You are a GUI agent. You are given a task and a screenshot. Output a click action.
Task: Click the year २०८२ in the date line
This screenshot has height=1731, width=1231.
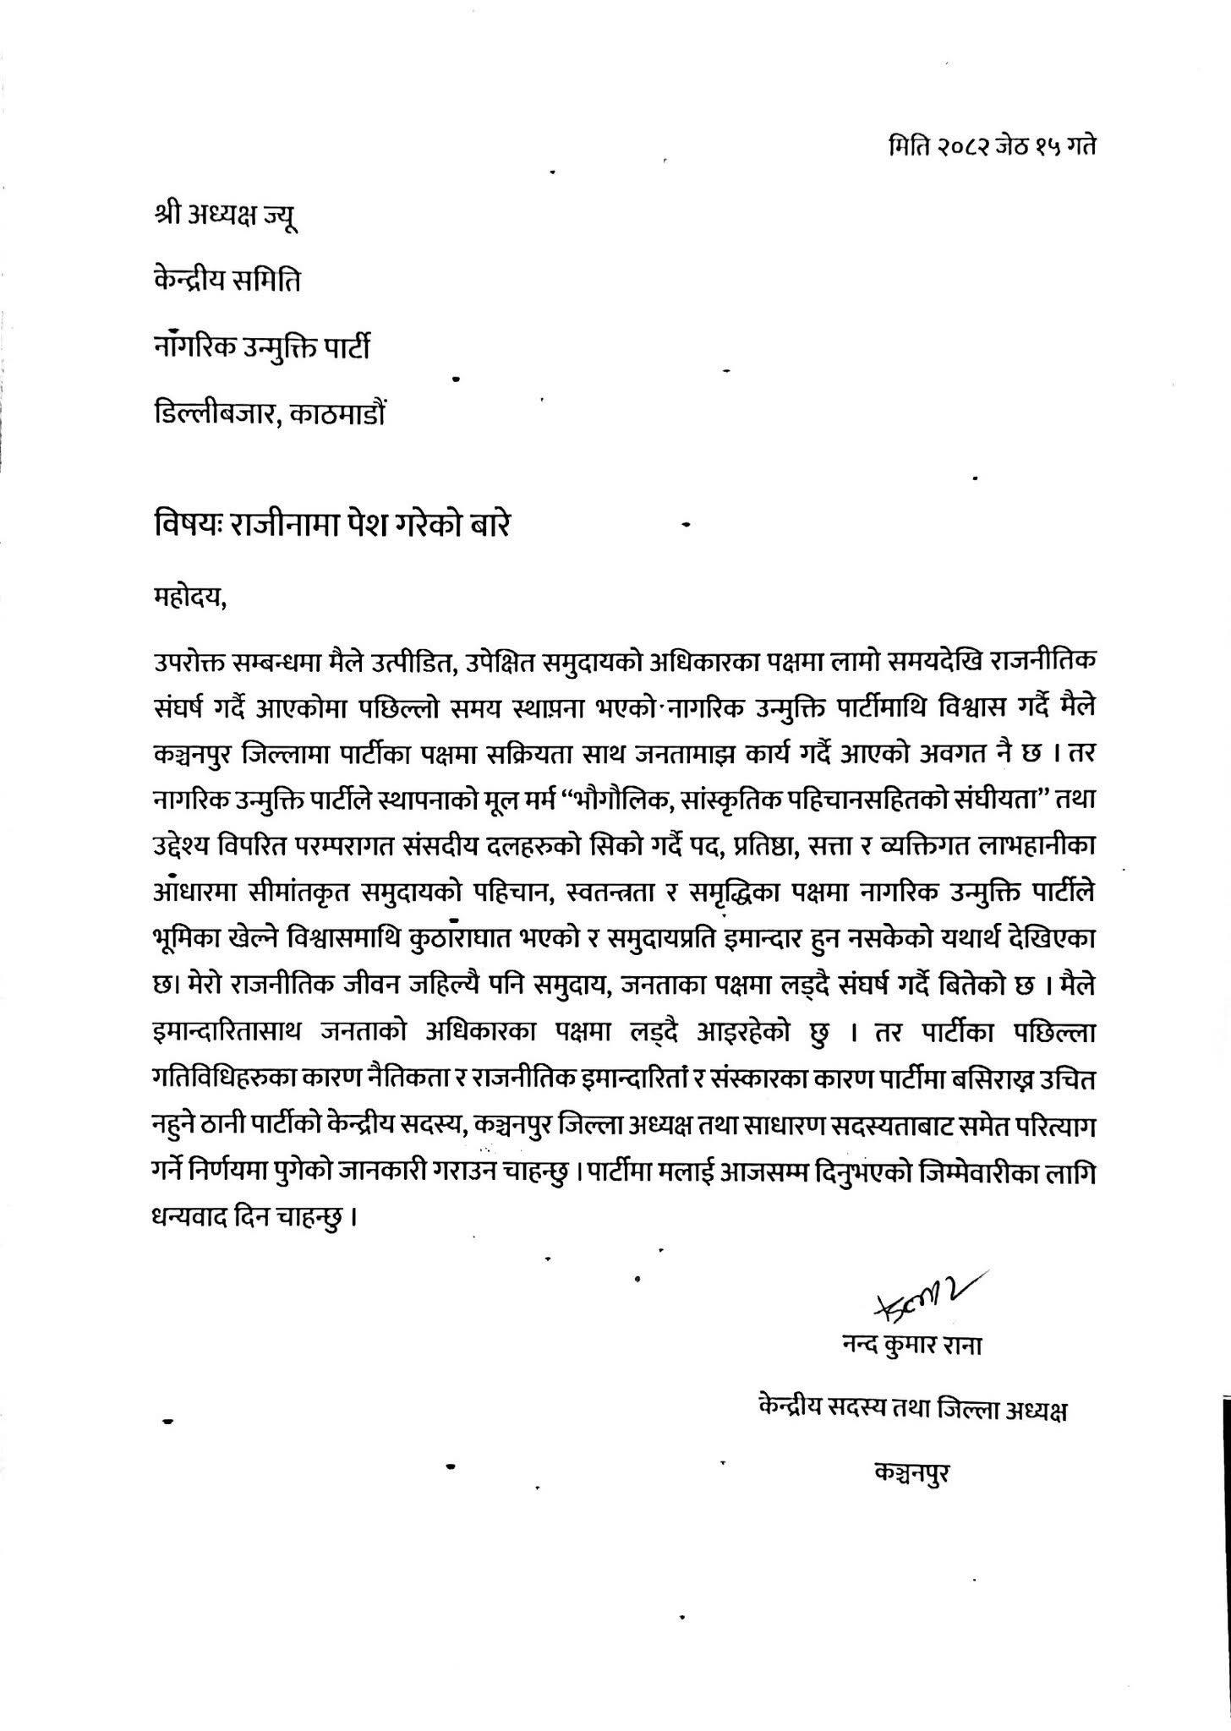tap(963, 145)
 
